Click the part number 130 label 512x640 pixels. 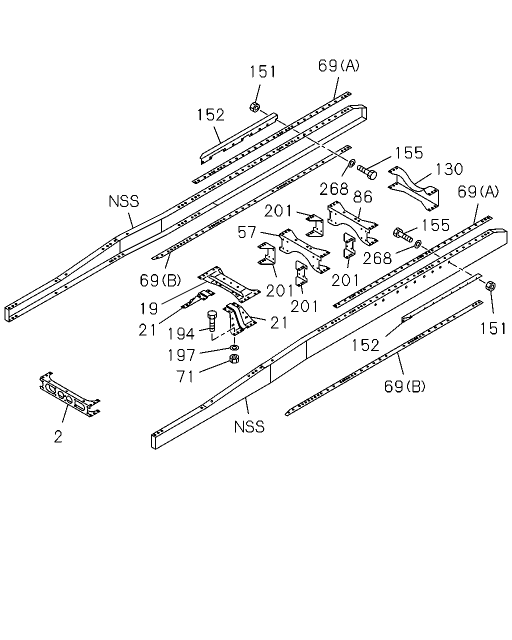449,169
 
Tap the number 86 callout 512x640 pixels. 363,197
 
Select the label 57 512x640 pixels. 246,232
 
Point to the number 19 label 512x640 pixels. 149,308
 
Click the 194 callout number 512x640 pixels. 181,333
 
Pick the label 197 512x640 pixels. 181,355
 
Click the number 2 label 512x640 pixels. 58,436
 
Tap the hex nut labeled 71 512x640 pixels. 234,358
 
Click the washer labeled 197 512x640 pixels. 234,347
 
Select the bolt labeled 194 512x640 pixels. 211,321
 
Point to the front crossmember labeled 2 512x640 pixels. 69,394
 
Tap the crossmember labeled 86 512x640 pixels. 352,223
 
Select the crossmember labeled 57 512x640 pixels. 304,251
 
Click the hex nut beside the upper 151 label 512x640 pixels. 254,107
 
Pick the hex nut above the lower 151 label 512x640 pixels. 490,286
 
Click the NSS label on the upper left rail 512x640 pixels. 124,201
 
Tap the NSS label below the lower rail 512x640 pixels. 249,427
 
